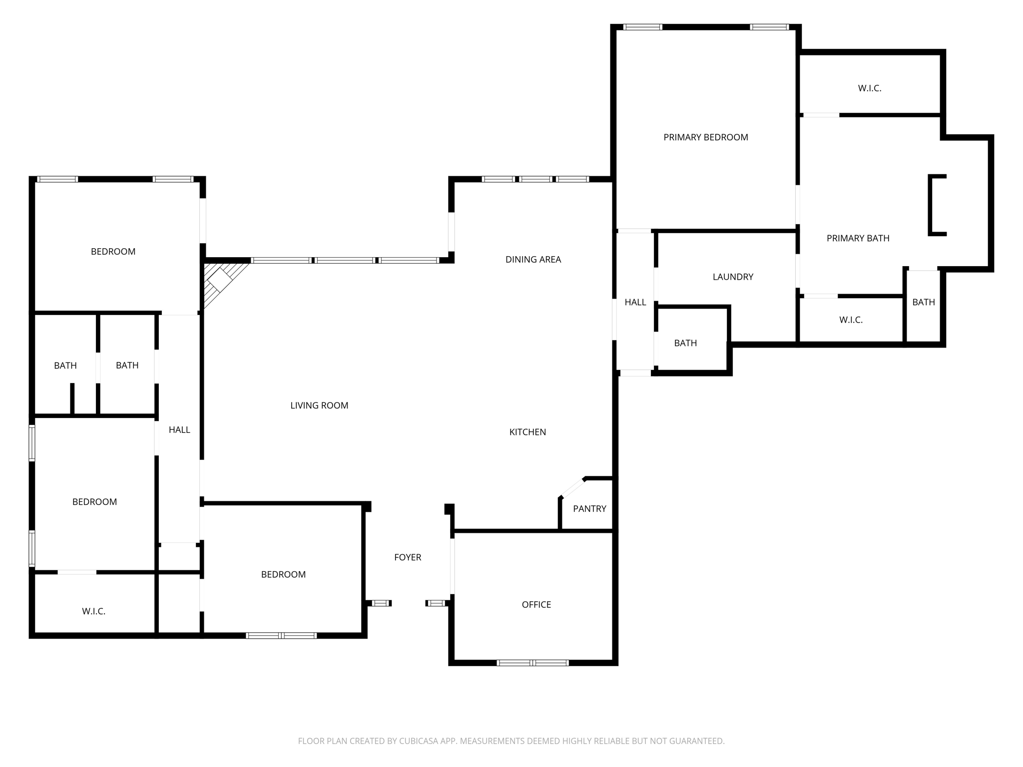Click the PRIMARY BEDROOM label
[x=705, y=137]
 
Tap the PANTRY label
[x=589, y=509]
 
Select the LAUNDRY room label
[x=733, y=277]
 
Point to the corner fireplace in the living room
[x=220, y=280]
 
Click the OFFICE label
[x=536, y=605]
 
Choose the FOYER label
[x=408, y=557]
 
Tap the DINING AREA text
[x=533, y=259]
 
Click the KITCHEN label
[x=527, y=432]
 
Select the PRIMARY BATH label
[x=858, y=238]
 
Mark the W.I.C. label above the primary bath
[x=870, y=88]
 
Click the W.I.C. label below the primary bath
[x=851, y=320]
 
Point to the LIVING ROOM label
[x=319, y=405]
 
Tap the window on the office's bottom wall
[x=532, y=663]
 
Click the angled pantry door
[x=572, y=488]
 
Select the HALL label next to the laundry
[x=635, y=302]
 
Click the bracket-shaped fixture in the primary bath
[x=936, y=205]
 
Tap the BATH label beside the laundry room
[x=685, y=343]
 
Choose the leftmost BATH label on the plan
[x=65, y=366]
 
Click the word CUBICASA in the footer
[x=419, y=741]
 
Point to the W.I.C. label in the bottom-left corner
[x=93, y=611]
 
